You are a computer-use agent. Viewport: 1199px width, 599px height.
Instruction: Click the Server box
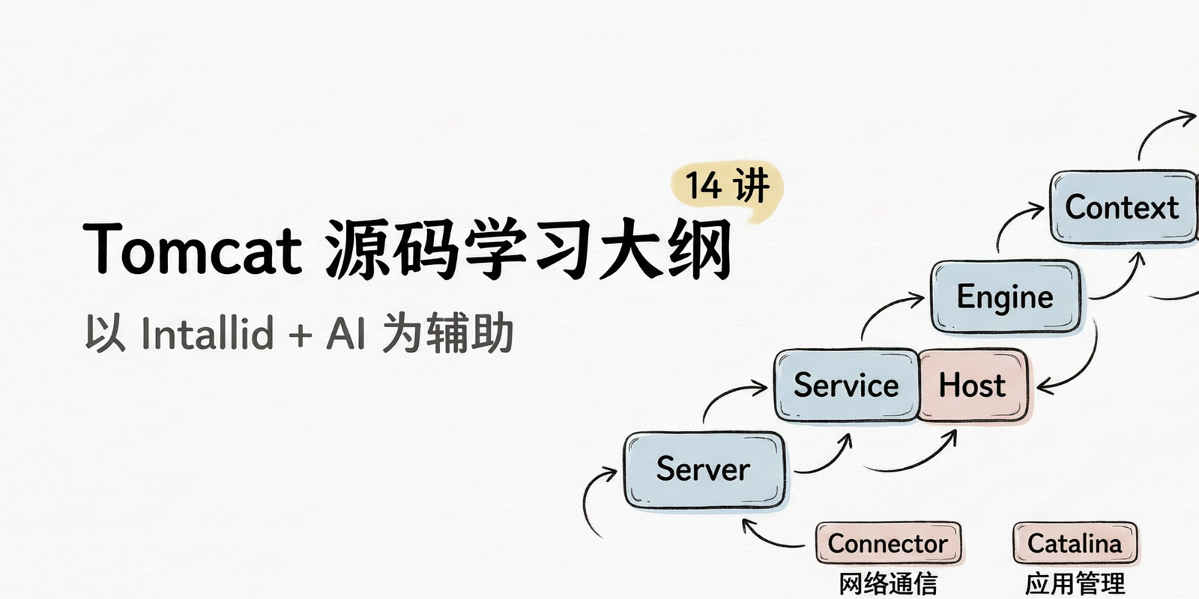click(x=704, y=469)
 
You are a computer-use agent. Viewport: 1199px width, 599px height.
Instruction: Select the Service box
click(x=846, y=385)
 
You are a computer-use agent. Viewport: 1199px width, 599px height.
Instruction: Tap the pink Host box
click(x=973, y=385)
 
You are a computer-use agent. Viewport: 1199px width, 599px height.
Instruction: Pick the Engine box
click(x=1005, y=297)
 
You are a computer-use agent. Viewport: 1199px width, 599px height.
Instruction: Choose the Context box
click(x=1123, y=207)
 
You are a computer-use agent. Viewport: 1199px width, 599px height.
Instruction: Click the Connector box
click(x=888, y=544)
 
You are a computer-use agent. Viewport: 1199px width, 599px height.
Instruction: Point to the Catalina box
click(x=1075, y=544)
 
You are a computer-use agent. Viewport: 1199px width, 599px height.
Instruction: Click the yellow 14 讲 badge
click(x=727, y=188)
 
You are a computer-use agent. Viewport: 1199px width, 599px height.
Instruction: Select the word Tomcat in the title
click(x=193, y=250)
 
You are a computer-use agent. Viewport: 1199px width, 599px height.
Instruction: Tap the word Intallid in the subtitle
click(x=208, y=332)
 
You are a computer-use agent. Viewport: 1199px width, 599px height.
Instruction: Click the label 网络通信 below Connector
click(x=888, y=583)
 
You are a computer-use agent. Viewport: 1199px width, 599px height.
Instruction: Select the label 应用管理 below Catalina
click(x=1075, y=583)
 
